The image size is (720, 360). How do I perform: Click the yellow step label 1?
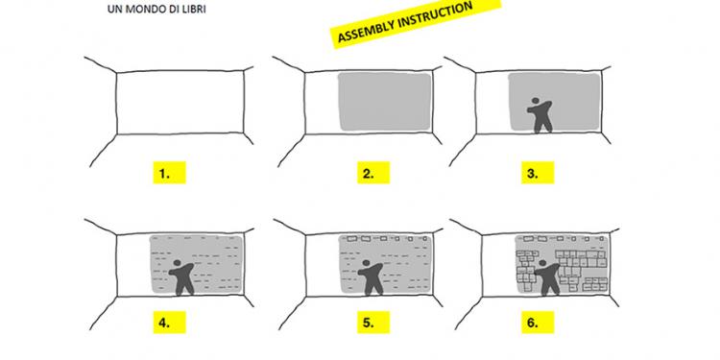[x=169, y=173]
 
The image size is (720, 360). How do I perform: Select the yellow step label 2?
[x=373, y=173]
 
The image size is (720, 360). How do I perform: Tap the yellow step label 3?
[x=538, y=173]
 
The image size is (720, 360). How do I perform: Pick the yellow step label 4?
[x=169, y=323]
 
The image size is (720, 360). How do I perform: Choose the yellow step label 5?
[x=373, y=323]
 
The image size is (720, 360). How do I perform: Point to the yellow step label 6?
[x=538, y=323]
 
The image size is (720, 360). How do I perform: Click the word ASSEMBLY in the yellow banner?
[x=368, y=31]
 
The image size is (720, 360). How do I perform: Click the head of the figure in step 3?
[x=535, y=101]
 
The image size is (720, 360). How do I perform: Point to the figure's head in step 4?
[x=178, y=264]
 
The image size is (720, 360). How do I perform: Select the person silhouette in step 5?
[x=371, y=276]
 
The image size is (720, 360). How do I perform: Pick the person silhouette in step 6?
[x=548, y=276]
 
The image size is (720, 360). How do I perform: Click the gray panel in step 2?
[x=384, y=102]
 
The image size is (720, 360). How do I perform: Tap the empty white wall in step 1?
[x=180, y=103]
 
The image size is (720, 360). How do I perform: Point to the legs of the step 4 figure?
[x=184, y=286]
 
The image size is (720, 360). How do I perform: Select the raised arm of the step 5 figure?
[x=377, y=268]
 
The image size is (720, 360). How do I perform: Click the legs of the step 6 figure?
[x=549, y=286]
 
